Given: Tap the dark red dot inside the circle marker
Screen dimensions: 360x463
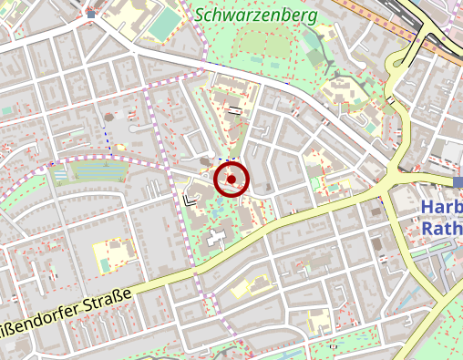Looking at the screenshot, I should pos(231,180).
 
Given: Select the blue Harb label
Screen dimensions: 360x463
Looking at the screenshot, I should pos(440,209).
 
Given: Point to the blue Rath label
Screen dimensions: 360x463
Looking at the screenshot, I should pos(440,229).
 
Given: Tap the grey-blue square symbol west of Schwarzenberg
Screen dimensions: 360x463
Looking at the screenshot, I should pos(90,15).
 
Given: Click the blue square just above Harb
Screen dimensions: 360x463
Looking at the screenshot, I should pos(458,182).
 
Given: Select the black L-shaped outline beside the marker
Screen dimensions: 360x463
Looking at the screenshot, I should pos(190,200).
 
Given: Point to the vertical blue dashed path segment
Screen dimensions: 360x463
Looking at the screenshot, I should pos(111,146).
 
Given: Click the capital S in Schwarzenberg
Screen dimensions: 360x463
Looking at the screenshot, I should pos(201,16).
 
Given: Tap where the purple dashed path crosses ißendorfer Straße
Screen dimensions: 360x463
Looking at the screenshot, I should pos(195,271).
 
